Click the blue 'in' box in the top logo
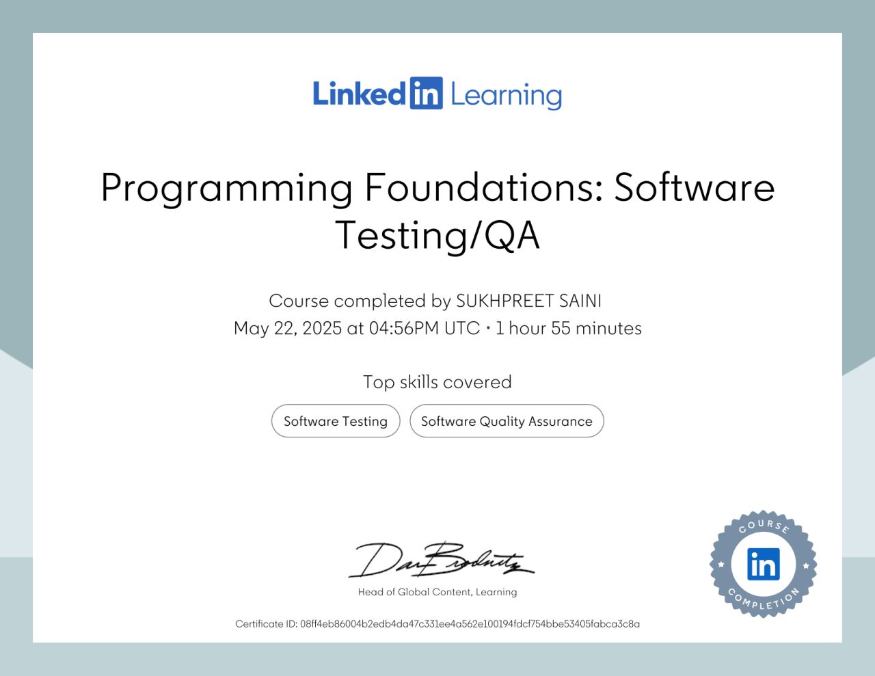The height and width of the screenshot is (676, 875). click(x=426, y=94)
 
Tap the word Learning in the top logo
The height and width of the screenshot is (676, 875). click(x=506, y=96)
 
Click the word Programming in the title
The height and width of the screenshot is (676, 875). click(x=226, y=188)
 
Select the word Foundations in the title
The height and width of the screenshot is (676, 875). click(x=483, y=187)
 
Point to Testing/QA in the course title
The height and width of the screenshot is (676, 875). click(x=437, y=236)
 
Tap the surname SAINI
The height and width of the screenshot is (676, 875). click(x=580, y=301)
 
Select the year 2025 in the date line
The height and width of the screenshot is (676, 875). click(x=321, y=328)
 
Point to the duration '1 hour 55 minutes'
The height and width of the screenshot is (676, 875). click(x=568, y=328)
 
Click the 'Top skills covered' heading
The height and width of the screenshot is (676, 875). click(x=437, y=381)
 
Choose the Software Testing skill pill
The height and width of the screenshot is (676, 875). click(x=336, y=421)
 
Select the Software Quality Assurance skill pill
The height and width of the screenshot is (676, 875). click(x=507, y=421)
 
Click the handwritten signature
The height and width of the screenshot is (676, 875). click(x=441, y=560)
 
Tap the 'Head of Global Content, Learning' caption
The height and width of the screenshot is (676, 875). click(x=437, y=592)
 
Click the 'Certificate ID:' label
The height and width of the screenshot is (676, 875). click(x=266, y=624)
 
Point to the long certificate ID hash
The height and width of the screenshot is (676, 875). click(x=470, y=624)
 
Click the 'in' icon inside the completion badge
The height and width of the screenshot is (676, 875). click(x=763, y=564)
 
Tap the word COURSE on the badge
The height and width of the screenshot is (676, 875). click(x=764, y=525)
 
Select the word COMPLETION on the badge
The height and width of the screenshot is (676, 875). click(x=764, y=601)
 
